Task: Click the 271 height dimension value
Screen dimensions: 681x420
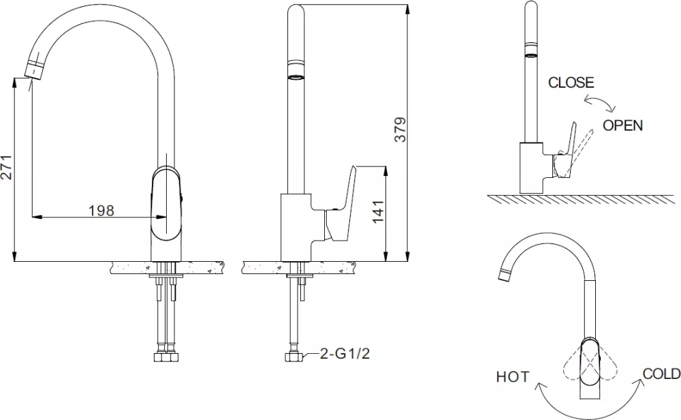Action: tap(6, 167)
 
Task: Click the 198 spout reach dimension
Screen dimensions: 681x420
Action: tap(101, 211)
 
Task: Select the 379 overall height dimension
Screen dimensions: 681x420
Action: tap(400, 129)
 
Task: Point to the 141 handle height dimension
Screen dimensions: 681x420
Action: tap(378, 212)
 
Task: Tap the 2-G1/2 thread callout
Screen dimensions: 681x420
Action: tap(345, 353)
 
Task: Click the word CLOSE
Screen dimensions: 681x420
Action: tap(571, 82)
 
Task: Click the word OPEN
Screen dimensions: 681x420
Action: tap(622, 125)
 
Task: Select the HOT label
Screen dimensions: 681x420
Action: tap(513, 376)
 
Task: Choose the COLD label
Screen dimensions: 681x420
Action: tap(661, 374)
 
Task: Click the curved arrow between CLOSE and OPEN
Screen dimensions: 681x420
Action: tap(599, 102)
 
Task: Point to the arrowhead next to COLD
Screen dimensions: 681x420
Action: tap(640, 383)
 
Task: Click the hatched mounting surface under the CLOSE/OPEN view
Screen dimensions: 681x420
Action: tap(581, 199)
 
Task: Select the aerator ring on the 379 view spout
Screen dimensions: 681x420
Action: tap(296, 71)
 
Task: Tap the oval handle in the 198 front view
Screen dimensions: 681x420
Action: tap(166, 203)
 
